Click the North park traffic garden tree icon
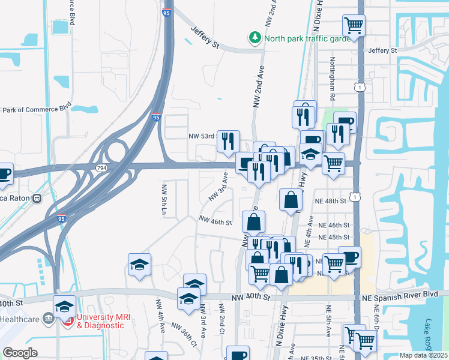pos(256,38)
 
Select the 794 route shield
pos(102,169)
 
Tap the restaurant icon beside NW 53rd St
pos(228,141)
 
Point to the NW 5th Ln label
pos(163,199)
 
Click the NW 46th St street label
pos(215,221)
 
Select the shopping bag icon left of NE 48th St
pos(291,200)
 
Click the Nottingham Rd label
pos(331,78)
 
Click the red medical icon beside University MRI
pos(68,320)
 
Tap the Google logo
pos(20,352)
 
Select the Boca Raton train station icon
pos(37,198)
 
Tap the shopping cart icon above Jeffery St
pos(354,26)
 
